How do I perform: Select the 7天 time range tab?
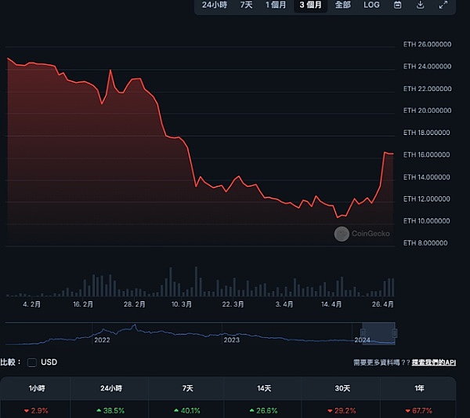pos(247,5)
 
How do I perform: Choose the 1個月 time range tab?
pos(276,5)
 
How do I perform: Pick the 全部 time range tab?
pos(343,5)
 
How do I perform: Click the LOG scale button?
pos(371,5)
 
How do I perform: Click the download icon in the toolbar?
pos(421,5)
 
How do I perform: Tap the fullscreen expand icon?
pos(443,5)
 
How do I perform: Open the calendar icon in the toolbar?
pos(398,5)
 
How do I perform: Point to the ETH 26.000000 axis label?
pos(426,44)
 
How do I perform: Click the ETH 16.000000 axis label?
pos(426,154)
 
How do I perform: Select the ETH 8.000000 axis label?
pos(426,243)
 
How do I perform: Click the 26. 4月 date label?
pos(383,304)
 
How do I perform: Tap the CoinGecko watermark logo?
pos(342,234)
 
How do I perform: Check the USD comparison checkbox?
pos(32,362)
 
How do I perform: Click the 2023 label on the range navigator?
pos(232,340)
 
